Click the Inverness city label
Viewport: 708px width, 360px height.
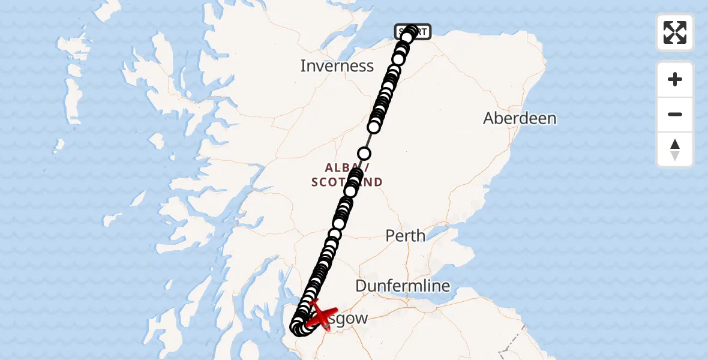pos(337,66)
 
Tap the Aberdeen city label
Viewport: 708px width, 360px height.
pos(520,118)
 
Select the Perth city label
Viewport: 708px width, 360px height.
pos(406,236)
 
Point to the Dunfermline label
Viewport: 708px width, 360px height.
pos(403,286)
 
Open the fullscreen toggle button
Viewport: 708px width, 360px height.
pos(675,32)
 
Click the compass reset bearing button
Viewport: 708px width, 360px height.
pos(675,150)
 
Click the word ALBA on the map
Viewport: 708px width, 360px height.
pos(341,167)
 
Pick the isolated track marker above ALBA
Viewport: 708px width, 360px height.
pos(364,154)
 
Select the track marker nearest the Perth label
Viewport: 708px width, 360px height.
pos(338,224)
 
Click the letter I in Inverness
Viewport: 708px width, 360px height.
pos(303,66)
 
